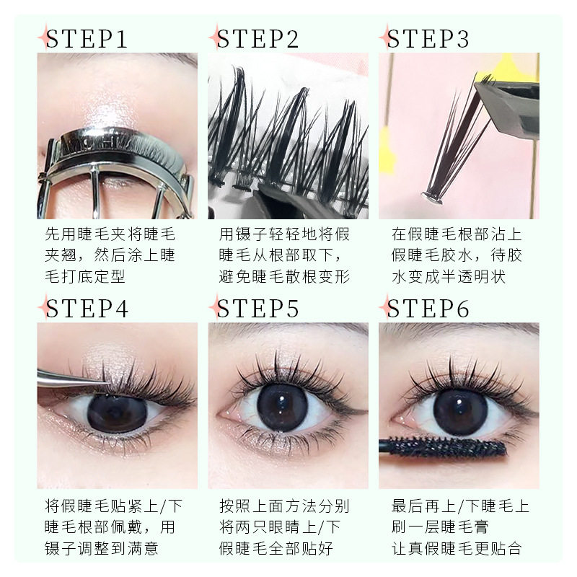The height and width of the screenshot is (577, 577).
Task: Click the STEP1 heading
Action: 87,38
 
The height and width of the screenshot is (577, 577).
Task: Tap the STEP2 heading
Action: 257,38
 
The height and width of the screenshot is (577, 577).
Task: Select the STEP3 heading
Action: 428,38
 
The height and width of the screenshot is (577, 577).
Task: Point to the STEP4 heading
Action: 87,308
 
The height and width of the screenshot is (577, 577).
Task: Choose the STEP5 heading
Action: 257,308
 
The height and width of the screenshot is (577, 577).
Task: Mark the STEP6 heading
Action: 428,308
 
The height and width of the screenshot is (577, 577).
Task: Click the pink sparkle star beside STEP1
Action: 44,37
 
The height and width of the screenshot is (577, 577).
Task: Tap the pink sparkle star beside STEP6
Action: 385,307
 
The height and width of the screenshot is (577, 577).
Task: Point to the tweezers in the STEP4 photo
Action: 74,379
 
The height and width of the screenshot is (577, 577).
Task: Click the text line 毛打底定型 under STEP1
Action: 85,276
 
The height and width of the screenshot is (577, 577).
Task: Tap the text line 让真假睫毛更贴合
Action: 457,548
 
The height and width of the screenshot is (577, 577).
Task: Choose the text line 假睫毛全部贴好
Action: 276,548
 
